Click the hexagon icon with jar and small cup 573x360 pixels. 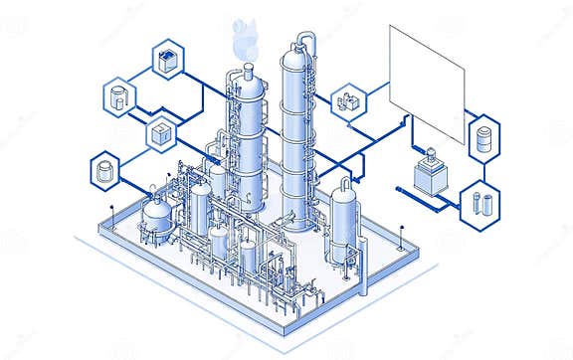coord(119,96)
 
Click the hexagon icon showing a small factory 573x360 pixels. coord(349,101)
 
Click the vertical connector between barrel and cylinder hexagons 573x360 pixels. coord(483,168)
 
